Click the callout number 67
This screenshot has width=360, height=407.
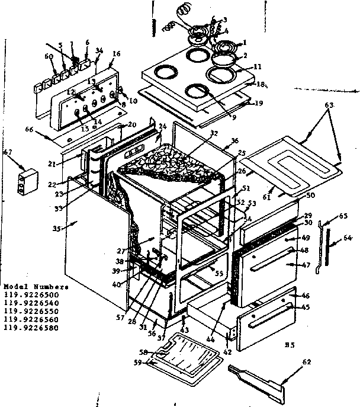(x=8, y=153)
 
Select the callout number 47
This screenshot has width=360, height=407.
(x=306, y=265)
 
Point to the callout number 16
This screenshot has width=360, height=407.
(x=116, y=54)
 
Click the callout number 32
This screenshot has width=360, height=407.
(x=197, y=134)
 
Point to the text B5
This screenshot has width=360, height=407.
(x=290, y=344)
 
